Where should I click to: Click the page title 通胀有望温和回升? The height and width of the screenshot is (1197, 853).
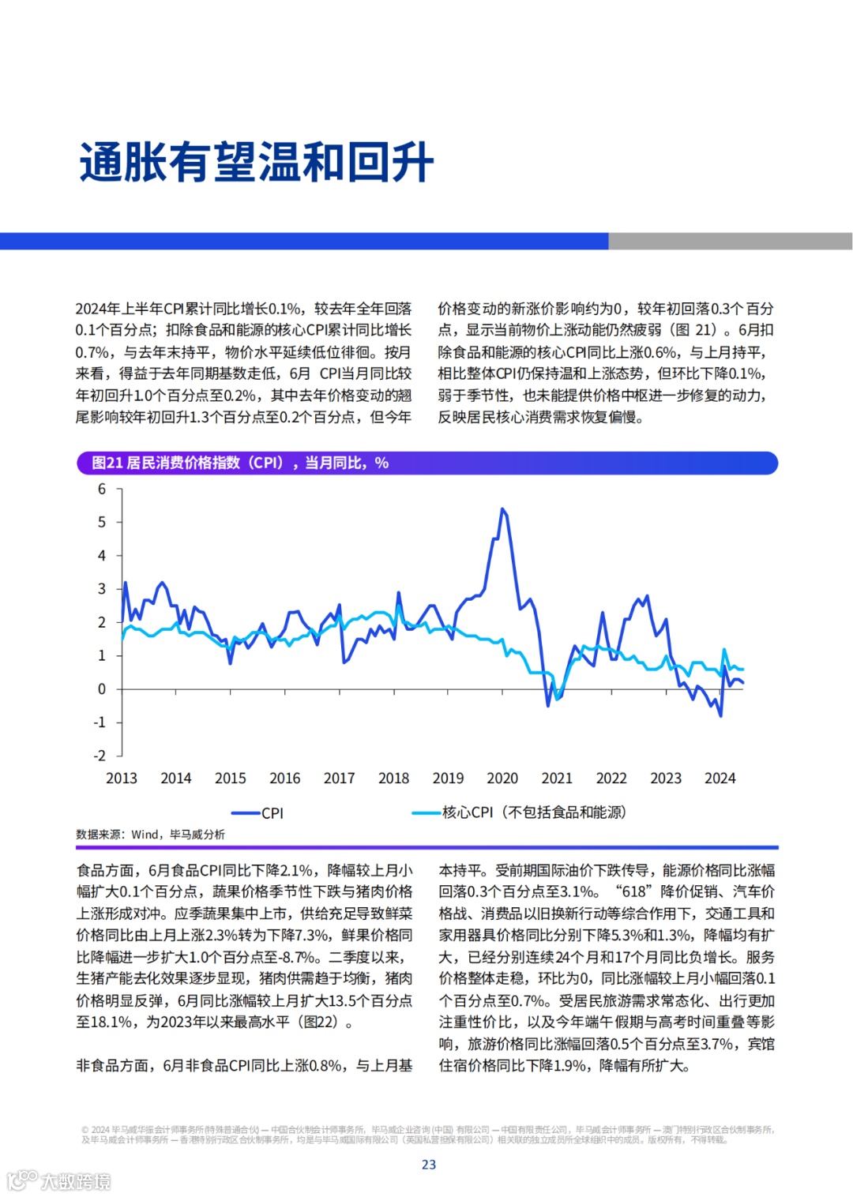coord(256,163)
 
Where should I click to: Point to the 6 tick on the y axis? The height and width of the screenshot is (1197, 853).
coord(102,489)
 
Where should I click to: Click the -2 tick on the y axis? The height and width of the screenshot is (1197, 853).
coord(100,756)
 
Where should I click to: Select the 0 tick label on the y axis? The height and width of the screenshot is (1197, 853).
coord(102,689)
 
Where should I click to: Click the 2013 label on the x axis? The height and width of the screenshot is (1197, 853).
coord(122,779)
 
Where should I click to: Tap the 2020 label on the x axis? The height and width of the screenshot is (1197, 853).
coord(502,779)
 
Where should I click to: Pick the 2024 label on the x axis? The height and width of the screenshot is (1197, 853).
coord(720,779)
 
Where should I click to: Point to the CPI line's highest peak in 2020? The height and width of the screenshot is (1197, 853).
coord(502,510)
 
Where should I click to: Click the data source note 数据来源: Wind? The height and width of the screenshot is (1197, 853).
coord(150,835)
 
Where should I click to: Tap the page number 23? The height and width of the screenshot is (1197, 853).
coord(429,1165)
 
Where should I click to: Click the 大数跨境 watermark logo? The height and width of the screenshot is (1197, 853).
coord(58,1181)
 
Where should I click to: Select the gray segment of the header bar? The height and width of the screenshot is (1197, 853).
coord(730,241)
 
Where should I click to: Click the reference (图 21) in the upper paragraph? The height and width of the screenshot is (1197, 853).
coord(693,330)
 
